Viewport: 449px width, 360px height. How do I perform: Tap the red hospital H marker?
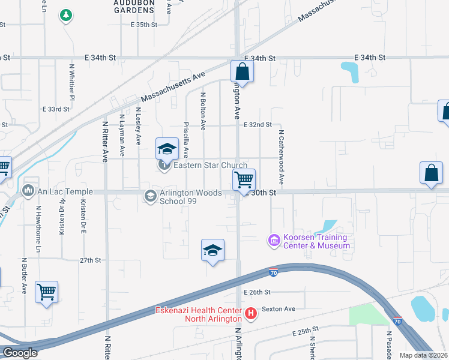251,313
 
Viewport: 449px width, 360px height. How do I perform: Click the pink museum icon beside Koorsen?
274,241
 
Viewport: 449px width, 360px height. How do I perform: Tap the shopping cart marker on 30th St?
244,179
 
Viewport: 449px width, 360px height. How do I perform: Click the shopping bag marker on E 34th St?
243,71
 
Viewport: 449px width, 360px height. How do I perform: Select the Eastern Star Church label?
210,166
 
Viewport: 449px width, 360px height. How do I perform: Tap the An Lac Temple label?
58,191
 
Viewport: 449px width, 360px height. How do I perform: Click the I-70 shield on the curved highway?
273,273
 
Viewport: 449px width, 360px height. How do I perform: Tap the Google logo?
20,352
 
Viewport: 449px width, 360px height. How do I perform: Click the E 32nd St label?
258,125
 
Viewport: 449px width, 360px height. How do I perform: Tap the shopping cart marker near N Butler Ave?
46,292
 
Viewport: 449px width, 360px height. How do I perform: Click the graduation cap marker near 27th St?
212,250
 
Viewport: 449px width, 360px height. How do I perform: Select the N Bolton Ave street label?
203,110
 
